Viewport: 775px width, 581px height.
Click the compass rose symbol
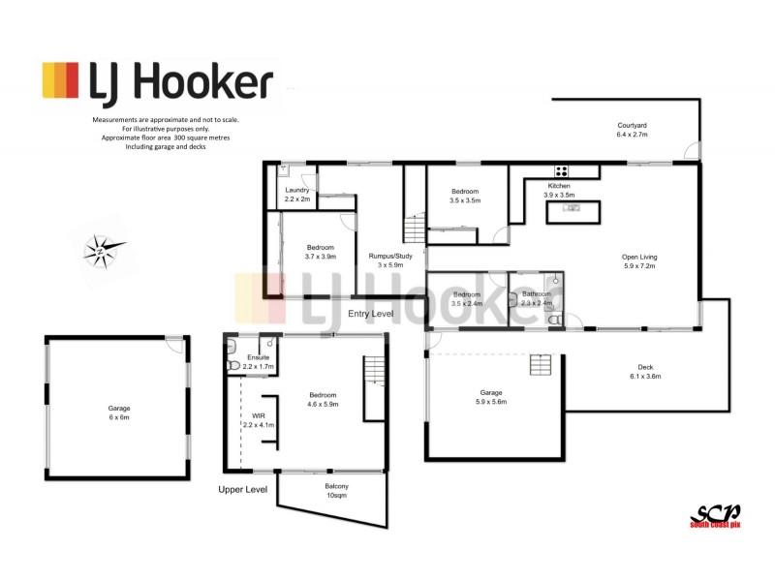pyautogui.click(x=101, y=253)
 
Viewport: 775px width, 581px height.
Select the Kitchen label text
pyautogui.click(x=559, y=185)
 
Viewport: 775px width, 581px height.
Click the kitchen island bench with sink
pyautogui.click(x=574, y=211)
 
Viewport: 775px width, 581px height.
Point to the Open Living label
pyautogui.click(x=641, y=258)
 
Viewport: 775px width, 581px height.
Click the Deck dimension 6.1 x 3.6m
pyautogui.click(x=645, y=376)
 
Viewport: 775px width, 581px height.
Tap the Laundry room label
pyautogui.click(x=296, y=190)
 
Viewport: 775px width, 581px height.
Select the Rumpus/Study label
pyautogui.click(x=391, y=257)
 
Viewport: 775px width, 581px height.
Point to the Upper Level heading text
pyautogui.click(x=242, y=490)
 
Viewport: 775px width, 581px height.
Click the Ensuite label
pyautogui.click(x=259, y=358)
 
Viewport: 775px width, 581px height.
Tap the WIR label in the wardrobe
pyautogui.click(x=258, y=415)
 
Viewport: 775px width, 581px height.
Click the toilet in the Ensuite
pyautogui.click(x=232, y=366)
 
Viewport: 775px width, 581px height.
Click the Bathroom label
pyautogui.click(x=536, y=293)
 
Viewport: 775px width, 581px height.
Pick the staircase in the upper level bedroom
pyautogui.click(x=375, y=388)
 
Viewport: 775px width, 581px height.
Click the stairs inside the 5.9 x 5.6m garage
pyautogui.click(x=540, y=365)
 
